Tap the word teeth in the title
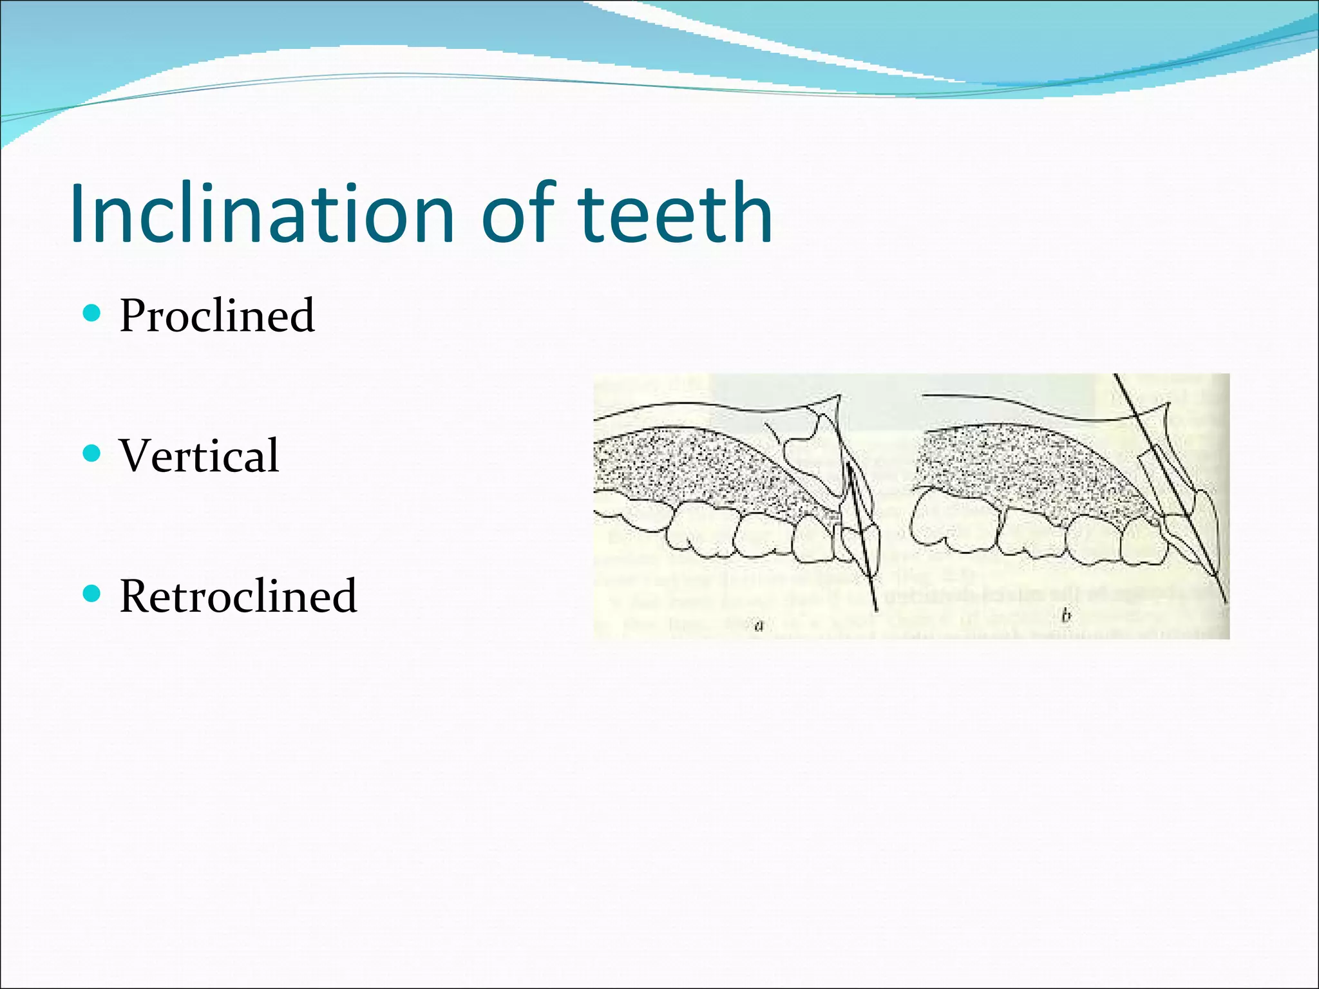[674, 214]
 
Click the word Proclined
[217, 316]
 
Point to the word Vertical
[199, 455]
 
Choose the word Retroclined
[238, 596]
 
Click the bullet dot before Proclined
[93, 314]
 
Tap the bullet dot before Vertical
[93, 453]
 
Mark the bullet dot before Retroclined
[93, 593]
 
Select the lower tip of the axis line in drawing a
[876, 609]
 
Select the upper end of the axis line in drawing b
[1116, 377]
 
